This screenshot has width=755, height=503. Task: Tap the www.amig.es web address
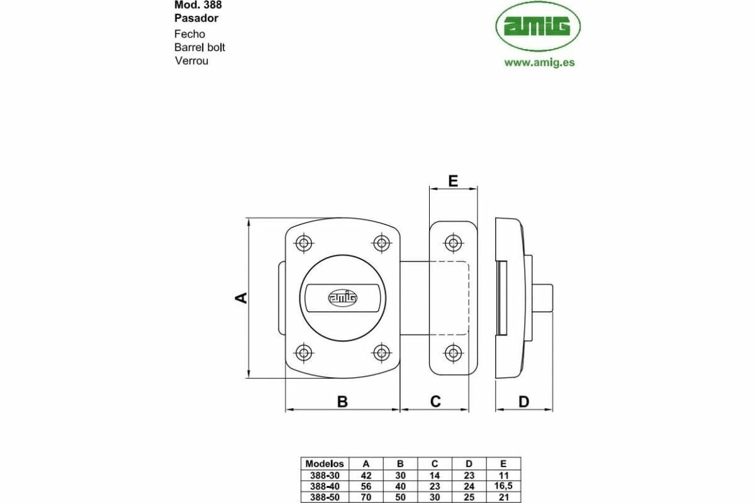[x=539, y=62]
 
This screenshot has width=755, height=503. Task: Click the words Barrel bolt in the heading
[x=199, y=48]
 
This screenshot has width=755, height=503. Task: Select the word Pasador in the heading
[x=196, y=18]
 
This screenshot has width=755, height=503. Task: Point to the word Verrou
[x=191, y=61]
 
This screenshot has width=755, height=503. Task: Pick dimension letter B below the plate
[x=342, y=402]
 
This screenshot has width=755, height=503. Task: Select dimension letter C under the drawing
[x=435, y=402]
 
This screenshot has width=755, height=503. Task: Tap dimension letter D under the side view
[x=524, y=402]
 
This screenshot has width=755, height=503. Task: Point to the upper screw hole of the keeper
[x=452, y=243]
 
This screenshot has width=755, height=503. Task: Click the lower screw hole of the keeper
[x=452, y=352]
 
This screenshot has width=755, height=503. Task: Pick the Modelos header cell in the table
[x=323, y=464]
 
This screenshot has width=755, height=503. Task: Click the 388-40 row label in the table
[x=323, y=486]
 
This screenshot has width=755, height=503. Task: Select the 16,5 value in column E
[x=504, y=486]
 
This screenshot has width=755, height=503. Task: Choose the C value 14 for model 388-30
[x=435, y=475]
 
